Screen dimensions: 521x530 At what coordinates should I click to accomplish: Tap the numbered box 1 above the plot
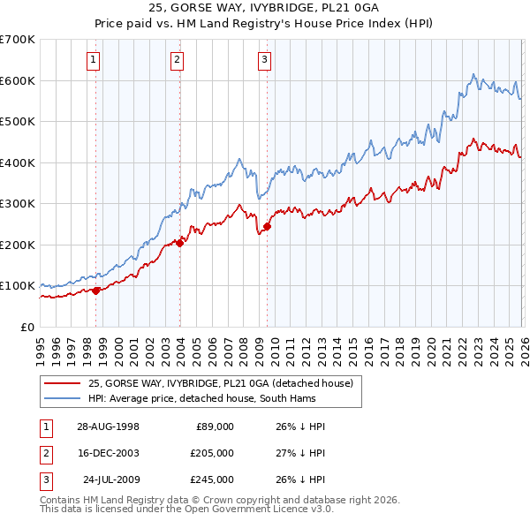click(94, 60)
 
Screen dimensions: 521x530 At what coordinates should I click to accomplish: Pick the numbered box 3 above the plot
click(264, 60)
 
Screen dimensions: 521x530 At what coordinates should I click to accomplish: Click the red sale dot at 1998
click(96, 291)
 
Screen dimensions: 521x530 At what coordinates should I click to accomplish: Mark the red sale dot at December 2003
click(180, 243)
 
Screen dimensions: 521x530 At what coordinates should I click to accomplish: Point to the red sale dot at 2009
click(267, 227)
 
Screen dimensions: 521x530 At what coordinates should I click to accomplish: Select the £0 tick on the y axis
click(26, 327)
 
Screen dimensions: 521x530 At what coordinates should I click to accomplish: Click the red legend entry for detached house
click(220, 383)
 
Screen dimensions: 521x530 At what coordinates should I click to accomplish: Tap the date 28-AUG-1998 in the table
click(108, 427)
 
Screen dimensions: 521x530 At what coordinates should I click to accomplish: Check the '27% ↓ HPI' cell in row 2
click(300, 453)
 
